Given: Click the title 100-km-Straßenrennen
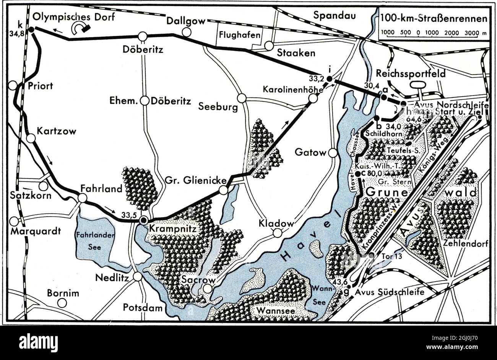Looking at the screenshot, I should tap(434, 18).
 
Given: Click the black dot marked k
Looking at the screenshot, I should tap(32, 29).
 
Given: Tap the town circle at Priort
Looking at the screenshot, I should tap(14, 85).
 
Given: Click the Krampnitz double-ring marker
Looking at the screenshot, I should tap(143, 220).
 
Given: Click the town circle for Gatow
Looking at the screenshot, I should tap(333, 153).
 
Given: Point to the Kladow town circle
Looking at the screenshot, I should tap(278, 232).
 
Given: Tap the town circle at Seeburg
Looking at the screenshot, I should tap(242, 97).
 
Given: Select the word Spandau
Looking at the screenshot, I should tap(334, 15).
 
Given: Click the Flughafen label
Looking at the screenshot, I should tap(240, 35).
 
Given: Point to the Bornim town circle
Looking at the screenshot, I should tap(62, 303).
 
